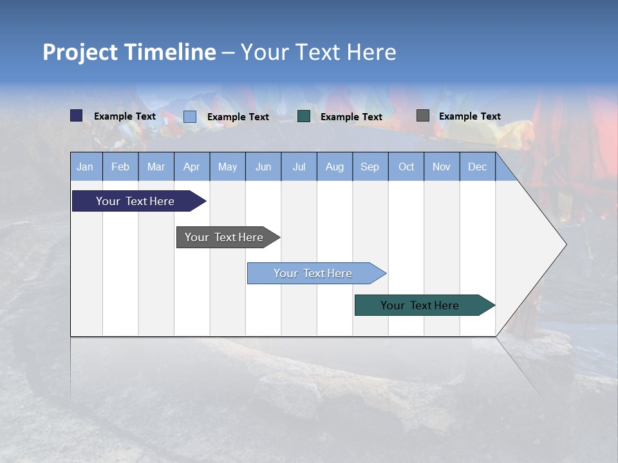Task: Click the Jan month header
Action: pos(85,167)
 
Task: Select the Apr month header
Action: pos(192,167)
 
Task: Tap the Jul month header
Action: pos(299,167)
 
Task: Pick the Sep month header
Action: pos(370,167)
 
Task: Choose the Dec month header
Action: pos(477,167)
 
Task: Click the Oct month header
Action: pos(406,167)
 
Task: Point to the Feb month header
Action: pos(120,167)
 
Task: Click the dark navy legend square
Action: pos(77,116)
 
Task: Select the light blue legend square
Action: pos(190,116)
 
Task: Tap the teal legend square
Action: pos(304,116)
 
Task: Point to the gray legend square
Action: pos(423,116)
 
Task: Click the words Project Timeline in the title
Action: pos(129,52)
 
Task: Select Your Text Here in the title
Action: pos(318,52)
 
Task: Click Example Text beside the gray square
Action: pos(469,116)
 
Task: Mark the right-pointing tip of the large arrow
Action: pos(565,244)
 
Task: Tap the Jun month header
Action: pos(263,167)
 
